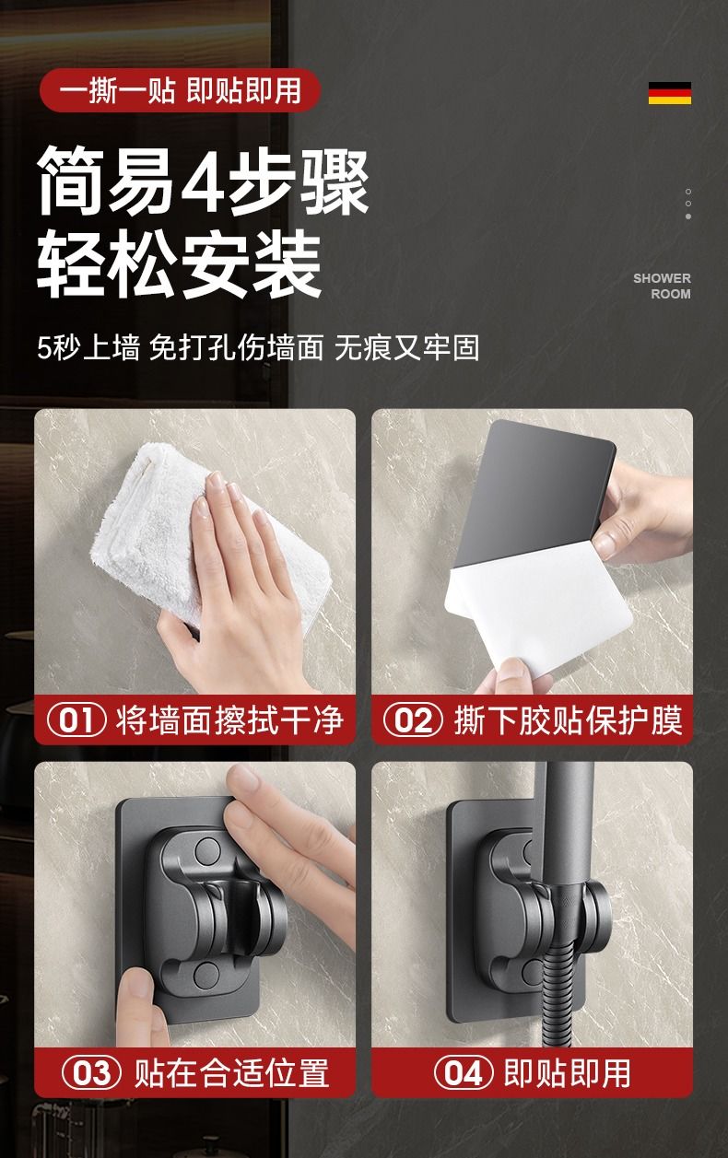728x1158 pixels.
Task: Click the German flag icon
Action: tap(670, 93)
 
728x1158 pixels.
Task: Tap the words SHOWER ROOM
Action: tap(663, 286)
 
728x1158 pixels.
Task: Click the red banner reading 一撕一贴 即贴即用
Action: tap(180, 90)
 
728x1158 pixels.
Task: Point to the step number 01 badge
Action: tap(76, 720)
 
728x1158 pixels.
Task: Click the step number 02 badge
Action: tap(413, 720)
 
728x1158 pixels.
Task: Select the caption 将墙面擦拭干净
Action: tap(229, 720)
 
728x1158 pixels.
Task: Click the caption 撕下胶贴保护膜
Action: tap(569, 720)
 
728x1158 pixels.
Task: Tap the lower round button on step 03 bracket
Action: tap(206, 974)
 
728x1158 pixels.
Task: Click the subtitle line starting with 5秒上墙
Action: tap(258, 347)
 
